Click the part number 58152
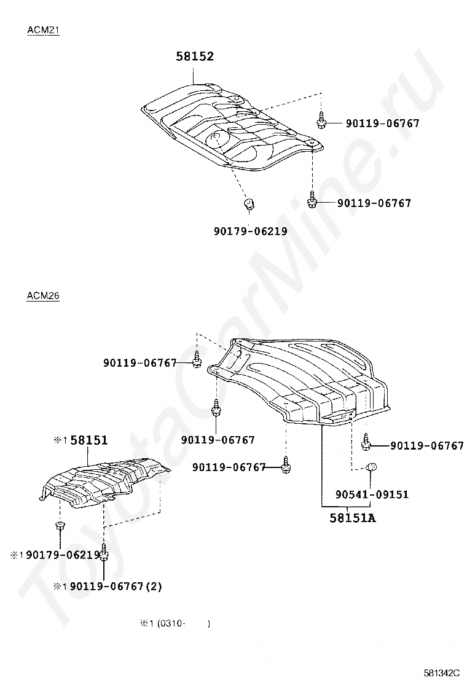195,57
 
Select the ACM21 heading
43,30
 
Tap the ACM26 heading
43,296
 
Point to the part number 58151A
352,518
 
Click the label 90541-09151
372,494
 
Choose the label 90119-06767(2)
116,587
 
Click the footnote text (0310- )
184,623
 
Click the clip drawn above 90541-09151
371,469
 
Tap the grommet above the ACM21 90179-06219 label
249,203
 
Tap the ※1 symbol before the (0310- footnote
146,623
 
